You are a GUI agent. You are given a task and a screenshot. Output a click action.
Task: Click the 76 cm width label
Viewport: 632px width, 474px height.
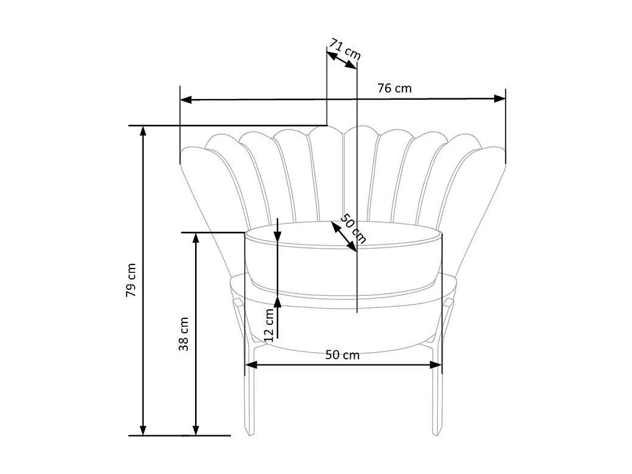(x=394, y=88)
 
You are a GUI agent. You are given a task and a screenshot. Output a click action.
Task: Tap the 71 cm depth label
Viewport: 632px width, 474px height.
(x=345, y=49)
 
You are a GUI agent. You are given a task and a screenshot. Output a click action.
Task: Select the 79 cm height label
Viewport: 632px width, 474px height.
(x=131, y=280)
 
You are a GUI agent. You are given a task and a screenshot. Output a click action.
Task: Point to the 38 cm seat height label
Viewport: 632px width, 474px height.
(x=184, y=334)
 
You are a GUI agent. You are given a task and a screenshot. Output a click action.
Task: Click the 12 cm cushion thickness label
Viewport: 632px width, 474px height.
(x=269, y=325)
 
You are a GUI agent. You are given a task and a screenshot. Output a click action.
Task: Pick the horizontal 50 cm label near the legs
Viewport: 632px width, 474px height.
(x=342, y=355)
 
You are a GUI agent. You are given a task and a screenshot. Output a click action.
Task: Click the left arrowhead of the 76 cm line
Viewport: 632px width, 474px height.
(x=185, y=100)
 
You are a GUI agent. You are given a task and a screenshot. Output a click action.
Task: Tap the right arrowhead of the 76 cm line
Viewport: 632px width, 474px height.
(x=500, y=99)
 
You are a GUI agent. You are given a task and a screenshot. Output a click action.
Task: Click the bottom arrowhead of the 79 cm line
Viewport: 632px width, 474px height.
(x=143, y=430)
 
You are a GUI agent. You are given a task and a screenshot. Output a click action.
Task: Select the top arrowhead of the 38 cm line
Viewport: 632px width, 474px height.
(x=195, y=238)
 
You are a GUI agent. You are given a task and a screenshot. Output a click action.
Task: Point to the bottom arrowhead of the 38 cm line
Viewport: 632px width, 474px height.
(x=195, y=430)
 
